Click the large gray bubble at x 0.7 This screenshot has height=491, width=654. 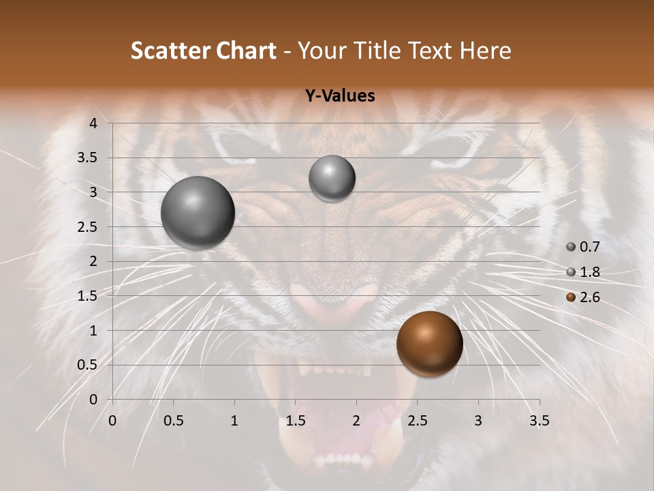click(198, 213)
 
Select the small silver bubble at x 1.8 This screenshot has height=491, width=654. click(332, 179)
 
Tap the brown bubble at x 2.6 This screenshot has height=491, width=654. click(429, 344)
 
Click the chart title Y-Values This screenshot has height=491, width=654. click(339, 96)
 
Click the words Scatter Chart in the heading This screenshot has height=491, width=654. click(203, 50)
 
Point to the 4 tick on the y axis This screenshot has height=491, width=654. click(93, 123)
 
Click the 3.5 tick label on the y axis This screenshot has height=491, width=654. click(88, 158)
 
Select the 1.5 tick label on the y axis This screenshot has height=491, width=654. click(88, 296)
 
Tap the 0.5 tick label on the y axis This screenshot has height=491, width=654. click(88, 365)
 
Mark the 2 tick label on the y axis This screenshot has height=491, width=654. click(93, 261)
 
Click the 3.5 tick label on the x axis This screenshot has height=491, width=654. click(540, 421)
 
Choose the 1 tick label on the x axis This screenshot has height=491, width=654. click(234, 421)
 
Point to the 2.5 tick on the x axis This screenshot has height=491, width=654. click(417, 421)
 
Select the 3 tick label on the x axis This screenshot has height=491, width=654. click(478, 421)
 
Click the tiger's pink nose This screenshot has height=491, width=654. click(333, 300)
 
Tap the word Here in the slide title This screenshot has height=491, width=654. click(485, 50)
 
